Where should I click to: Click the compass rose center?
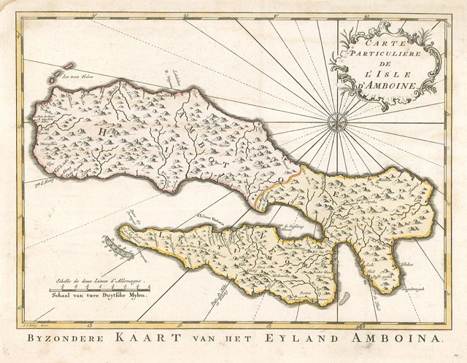pyautogui.click(x=338, y=122)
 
